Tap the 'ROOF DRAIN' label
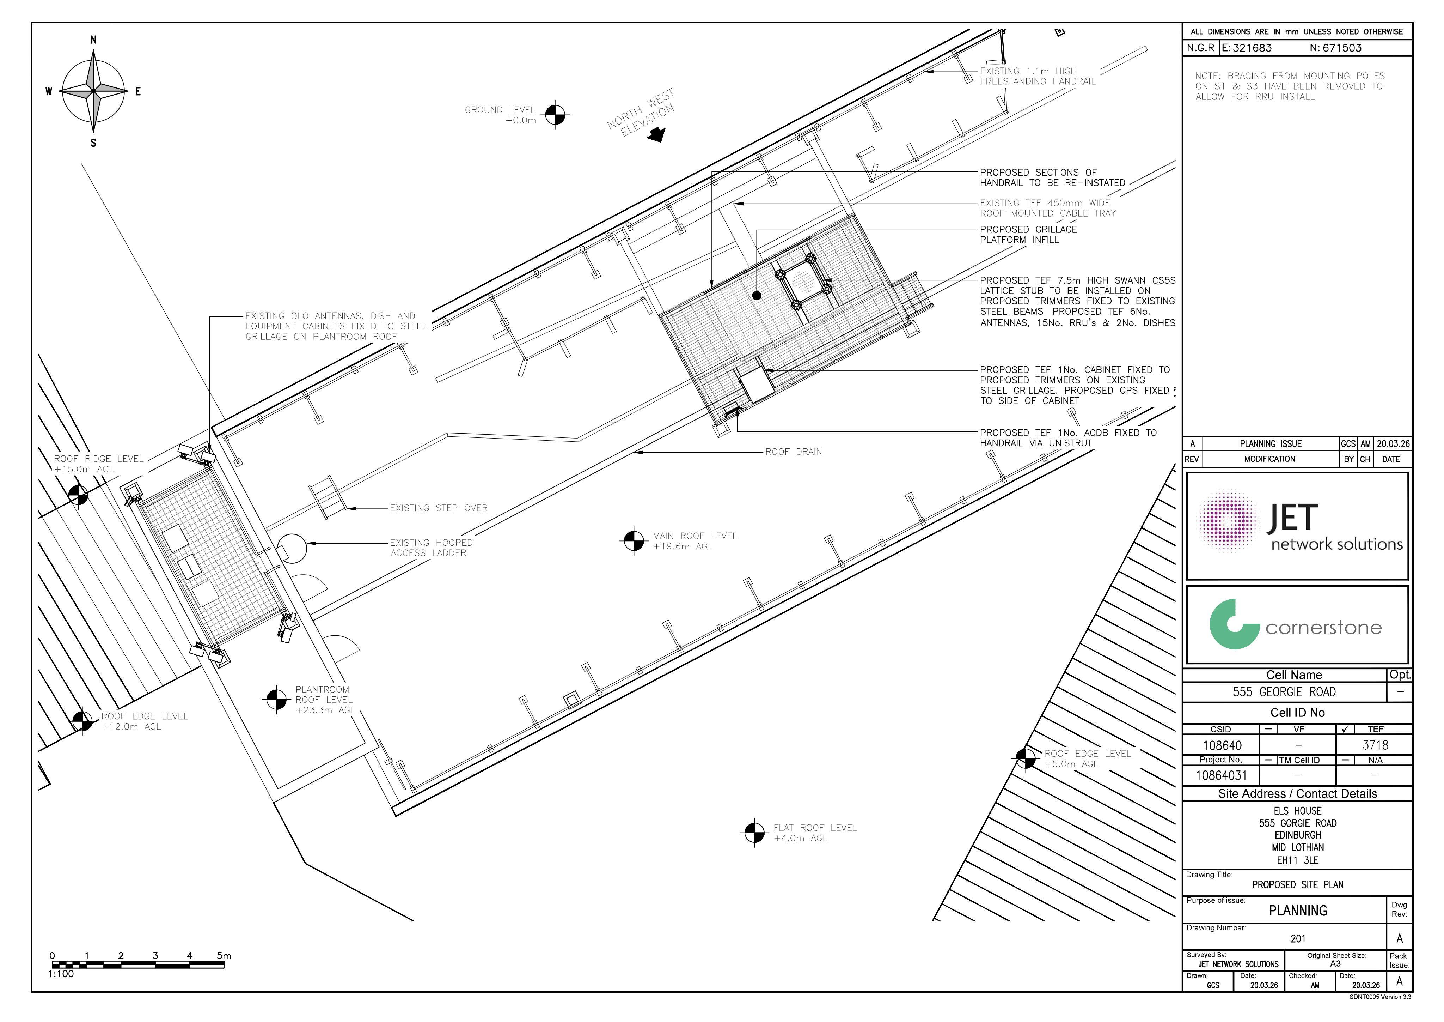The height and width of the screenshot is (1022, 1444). pos(793,452)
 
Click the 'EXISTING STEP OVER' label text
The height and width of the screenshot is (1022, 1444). pos(438,508)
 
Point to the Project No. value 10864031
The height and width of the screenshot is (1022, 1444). pos(1221,775)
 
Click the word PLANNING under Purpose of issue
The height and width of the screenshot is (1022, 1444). pos(1298,911)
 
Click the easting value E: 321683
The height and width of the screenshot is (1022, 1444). pos(1247,48)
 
